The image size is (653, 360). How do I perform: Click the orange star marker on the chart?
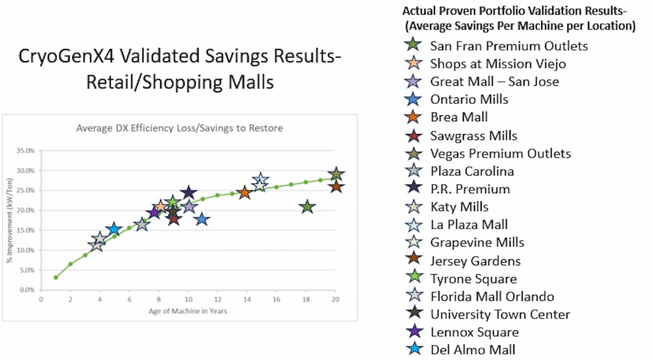pos(244,193)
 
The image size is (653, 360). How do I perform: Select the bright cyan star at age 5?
pos(113,229)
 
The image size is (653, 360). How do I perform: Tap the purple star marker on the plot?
pos(154,213)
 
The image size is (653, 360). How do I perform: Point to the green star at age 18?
pos(307,207)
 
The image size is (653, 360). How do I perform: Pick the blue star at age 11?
pos(202,219)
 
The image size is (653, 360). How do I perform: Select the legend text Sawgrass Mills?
pos(473,136)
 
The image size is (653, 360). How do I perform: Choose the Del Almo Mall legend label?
pos(472,349)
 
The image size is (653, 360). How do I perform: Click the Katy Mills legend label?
pos(459,207)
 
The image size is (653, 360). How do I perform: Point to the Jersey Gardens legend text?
pos(475,260)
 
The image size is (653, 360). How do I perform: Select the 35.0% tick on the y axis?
pos(26,150)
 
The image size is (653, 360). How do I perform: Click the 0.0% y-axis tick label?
pos(27,290)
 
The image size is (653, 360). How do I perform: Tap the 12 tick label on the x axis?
pos(217,299)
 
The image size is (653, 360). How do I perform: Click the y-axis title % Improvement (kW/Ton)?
pos(11,220)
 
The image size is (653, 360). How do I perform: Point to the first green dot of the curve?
pos(56,277)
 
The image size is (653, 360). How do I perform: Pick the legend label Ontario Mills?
pos(469,100)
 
